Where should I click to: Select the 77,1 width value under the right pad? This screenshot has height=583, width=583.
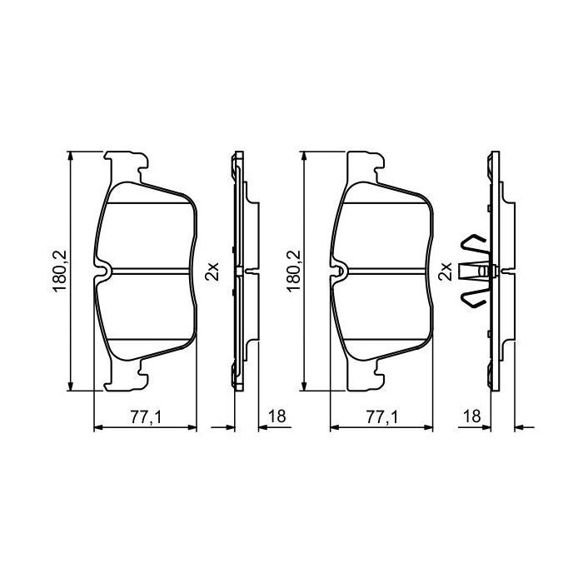[x=381, y=417]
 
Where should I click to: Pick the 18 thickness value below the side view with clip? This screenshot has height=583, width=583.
[x=473, y=417]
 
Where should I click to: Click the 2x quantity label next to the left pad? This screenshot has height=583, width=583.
[x=212, y=270]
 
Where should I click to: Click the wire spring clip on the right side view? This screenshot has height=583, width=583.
[x=473, y=271]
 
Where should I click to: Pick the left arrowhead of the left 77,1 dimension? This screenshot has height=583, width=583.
[x=97, y=428]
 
